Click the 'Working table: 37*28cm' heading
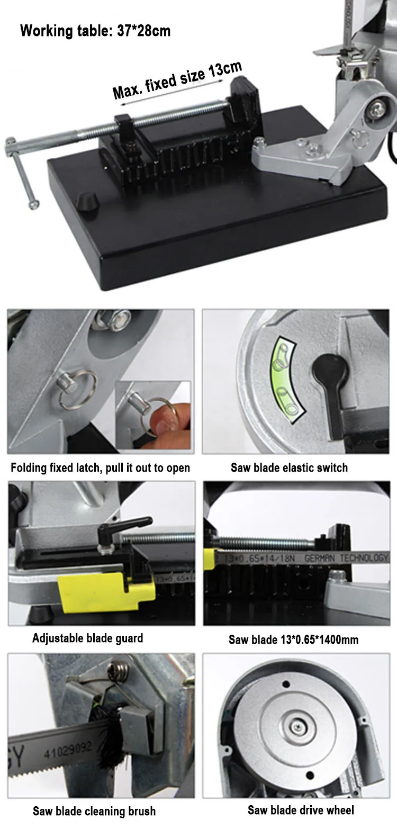coord(95,31)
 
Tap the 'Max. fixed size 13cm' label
coord(177,80)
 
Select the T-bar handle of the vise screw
coord(22,173)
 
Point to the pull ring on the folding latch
coord(78,390)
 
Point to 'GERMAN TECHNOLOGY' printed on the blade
coord(346,557)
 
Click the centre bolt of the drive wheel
coord(298,727)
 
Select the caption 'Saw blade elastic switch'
coord(290,468)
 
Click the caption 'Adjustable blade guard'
coord(88,638)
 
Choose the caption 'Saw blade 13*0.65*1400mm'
coord(293,639)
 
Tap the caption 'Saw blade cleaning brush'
coord(94,811)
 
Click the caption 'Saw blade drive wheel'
coord(301,810)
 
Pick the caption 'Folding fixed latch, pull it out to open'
coord(100,468)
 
